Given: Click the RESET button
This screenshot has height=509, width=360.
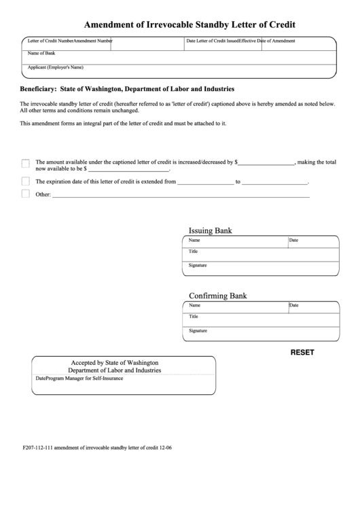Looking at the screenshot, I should click(x=302, y=353).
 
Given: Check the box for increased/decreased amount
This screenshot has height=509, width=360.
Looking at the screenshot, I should click(x=26, y=163).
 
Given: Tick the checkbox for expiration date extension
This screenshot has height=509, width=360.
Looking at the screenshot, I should click(x=26, y=181).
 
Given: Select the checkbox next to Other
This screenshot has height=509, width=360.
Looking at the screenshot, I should click(x=26, y=194).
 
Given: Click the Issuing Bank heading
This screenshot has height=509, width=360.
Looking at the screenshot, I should click(x=210, y=230).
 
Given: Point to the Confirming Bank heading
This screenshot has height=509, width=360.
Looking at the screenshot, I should click(x=217, y=296).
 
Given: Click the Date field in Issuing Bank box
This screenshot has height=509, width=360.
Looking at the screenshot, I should click(x=312, y=242).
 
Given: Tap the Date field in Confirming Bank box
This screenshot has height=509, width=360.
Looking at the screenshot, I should click(x=312, y=307).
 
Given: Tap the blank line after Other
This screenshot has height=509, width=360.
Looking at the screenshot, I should click(x=181, y=196).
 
